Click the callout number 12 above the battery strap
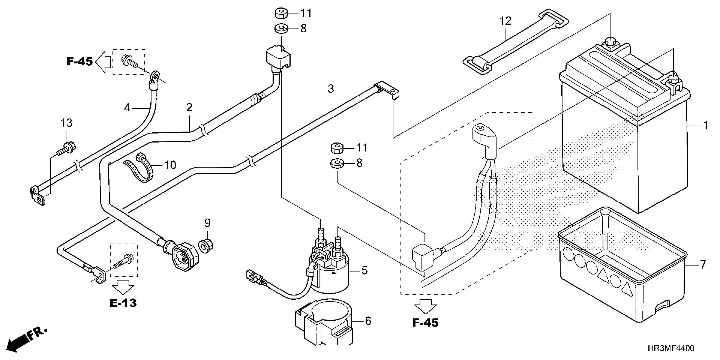point(505,21)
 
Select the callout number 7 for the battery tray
point(703,264)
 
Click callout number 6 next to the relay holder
point(368,321)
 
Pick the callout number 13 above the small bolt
point(66,123)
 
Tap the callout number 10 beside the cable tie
point(170,165)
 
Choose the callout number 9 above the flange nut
point(207,223)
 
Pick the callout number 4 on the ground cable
point(127,108)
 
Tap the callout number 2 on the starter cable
point(189,107)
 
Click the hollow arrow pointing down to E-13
point(123,286)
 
